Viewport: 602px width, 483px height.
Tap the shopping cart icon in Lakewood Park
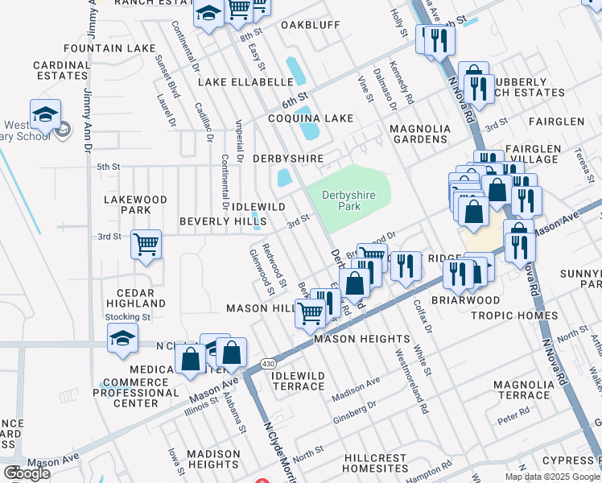pyautogui.click(x=146, y=244)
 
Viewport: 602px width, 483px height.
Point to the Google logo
pyautogui.click(x=27, y=473)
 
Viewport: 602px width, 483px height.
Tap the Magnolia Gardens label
pyautogui.click(x=419, y=134)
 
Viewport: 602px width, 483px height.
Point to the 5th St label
pyautogui.click(x=108, y=167)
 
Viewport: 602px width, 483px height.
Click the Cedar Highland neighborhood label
pyautogui.click(x=135, y=298)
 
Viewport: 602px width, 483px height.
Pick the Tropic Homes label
pyautogui.click(x=525, y=315)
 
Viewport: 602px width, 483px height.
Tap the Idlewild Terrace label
pyautogui.click(x=298, y=381)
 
